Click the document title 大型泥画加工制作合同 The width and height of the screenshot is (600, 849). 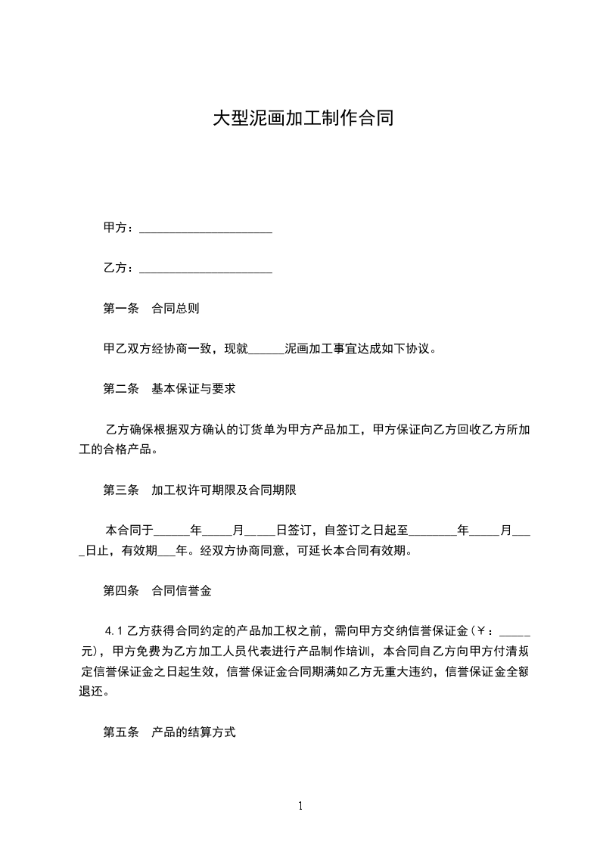[x=303, y=119]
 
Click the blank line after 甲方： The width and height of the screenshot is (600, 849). [x=206, y=228]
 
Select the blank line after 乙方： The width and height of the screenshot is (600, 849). [x=206, y=268]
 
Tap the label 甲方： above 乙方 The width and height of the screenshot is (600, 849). [x=118, y=228]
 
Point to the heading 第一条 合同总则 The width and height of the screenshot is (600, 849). [x=151, y=309]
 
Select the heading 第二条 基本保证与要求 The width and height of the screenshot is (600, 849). [x=169, y=389]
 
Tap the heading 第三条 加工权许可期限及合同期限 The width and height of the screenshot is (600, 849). [x=200, y=490]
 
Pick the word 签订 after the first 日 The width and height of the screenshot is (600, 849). [x=300, y=530]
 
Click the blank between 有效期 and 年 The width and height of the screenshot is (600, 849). [x=165, y=551]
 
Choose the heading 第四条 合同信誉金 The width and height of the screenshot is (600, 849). [x=157, y=591]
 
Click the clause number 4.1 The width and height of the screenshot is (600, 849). [x=114, y=631]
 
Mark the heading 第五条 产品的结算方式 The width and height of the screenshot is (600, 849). [x=169, y=732]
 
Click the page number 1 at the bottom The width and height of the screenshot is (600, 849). [x=300, y=806]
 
